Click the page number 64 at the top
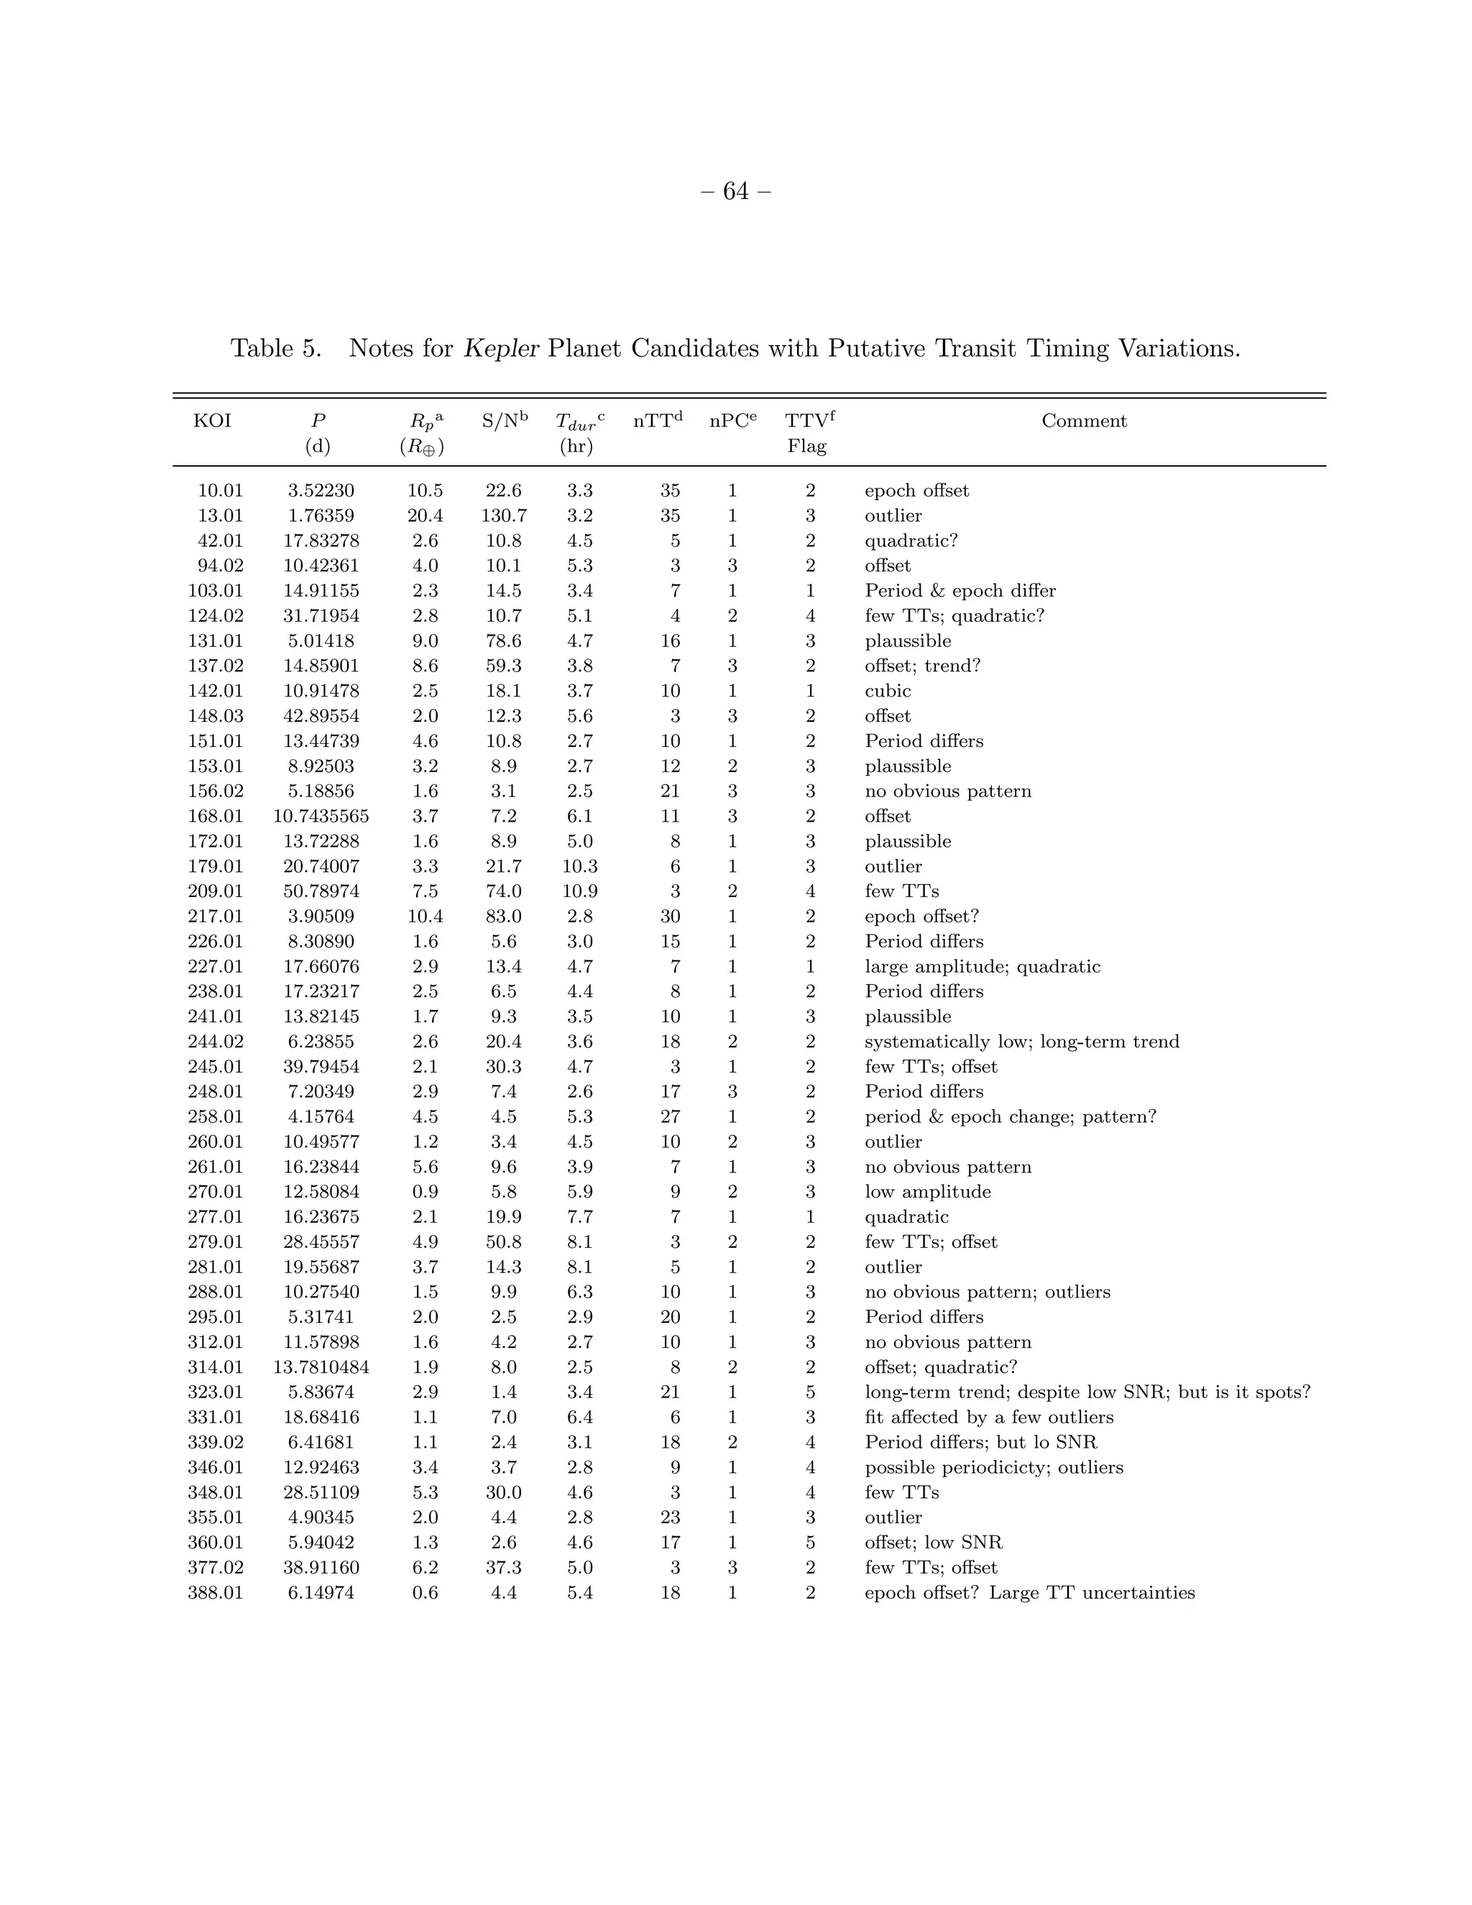click(x=736, y=192)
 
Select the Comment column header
click(x=1084, y=421)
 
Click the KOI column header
click(x=212, y=421)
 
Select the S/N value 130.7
click(x=503, y=516)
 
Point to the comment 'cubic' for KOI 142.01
click(x=888, y=692)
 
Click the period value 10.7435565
click(x=321, y=817)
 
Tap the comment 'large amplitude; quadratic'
click(x=982, y=966)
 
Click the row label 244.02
click(x=216, y=1042)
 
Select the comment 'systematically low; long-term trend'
click(x=1021, y=1042)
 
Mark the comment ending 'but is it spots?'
click(x=1087, y=1392)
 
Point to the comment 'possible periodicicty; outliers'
click(x=993, y=1468)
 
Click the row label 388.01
click(x=216, y=1593)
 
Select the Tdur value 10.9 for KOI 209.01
click(x=579, y=891)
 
